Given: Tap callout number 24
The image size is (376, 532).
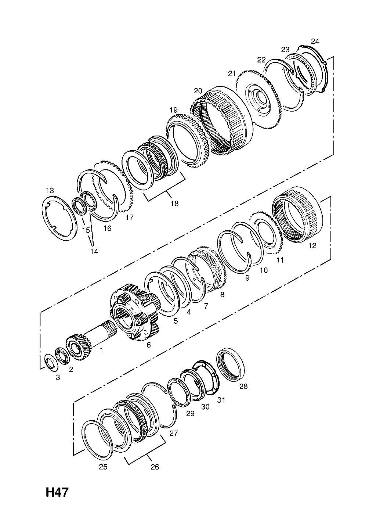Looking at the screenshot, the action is pos(315,41).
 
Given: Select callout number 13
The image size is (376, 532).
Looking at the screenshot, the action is pos(50,190).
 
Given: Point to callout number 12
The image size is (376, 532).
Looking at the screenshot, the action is pos(312,245).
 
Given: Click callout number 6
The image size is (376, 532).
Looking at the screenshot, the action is pos(149,344).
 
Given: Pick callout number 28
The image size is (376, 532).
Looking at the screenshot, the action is pos(243,386).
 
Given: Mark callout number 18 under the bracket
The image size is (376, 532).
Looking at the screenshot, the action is pos(174,203).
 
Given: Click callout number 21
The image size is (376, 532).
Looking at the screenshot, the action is pos(231,73).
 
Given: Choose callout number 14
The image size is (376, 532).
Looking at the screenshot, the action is pos(94,251).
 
